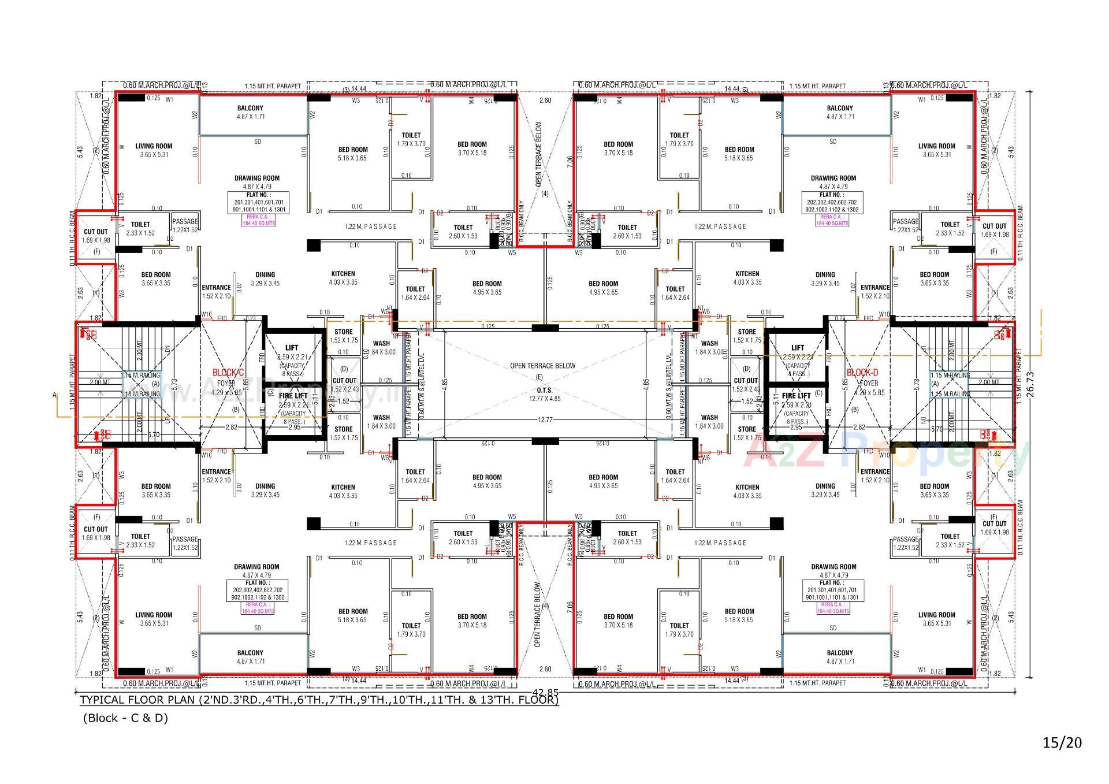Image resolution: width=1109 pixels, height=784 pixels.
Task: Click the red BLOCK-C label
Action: pyautogui.click(x=228, y=373)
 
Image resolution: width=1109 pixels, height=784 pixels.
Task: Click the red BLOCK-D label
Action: pyautogui.click(x=862, y=373)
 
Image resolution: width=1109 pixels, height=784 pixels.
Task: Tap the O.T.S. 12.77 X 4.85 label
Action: pyautogui.click(x=545, y=394)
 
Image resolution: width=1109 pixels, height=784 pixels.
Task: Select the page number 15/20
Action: pyautogui.click(x=1062, y=742)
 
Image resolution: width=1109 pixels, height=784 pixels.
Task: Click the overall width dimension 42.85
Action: pyautogui.click(x=545, y=692)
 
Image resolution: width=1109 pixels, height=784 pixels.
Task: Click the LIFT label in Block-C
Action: pyautogui.click(x=292, y=347)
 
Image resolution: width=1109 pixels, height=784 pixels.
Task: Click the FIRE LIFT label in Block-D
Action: pyautogui.click(x=796, y=396)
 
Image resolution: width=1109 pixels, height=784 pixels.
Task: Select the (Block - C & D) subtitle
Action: pyautogui.click(x=125, y=719)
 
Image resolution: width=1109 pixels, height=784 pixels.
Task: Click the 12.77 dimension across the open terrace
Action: pyautogui.click(x=545, y=419)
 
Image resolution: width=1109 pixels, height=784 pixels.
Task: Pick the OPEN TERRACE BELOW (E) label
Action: pyautogui.click(x=542, y=366)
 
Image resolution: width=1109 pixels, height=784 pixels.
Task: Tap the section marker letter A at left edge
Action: pyautogui.click(x=55, y=395)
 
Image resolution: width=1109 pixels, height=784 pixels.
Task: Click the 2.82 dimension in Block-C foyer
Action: pyautogui.click(x=230, y=428)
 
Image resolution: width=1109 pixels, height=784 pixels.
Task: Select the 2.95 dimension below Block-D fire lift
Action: pyautogui.click(x=795, y=428)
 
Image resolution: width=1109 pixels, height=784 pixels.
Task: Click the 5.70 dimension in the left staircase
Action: pyautogui.click(x=153, y=434)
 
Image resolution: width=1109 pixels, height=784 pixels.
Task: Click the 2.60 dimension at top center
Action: pyautogui.click(x=545, y=101)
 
